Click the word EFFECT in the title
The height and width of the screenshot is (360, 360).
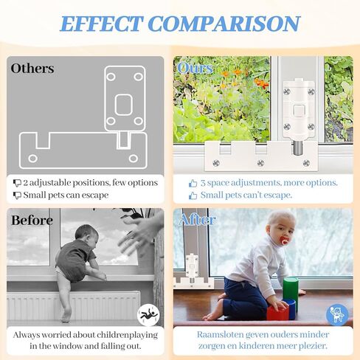coord(101,24)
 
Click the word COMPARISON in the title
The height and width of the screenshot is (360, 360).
coord(224,24)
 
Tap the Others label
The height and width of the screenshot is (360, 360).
coord(32,68)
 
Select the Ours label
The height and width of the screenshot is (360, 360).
coord(195,68)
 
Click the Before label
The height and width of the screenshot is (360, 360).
coord(32,220)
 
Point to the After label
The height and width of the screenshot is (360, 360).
coord(198,219)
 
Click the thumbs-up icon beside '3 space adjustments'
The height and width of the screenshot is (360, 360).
coord(193,183)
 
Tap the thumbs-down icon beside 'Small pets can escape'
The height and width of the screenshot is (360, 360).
coord(17,195)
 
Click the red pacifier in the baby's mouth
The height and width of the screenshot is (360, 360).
coord(285,240)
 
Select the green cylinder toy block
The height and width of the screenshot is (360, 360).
coord(291,291)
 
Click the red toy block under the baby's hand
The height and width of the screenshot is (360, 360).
coord(277,312)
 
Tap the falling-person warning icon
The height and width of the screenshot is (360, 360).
coord(148,315)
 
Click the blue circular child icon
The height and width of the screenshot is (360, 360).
coord(337,315)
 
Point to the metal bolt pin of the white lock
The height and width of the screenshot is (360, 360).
coord(297,147)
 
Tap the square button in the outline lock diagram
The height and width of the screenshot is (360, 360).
coord(124,105)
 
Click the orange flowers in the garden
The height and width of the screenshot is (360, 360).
coord(261,83)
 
